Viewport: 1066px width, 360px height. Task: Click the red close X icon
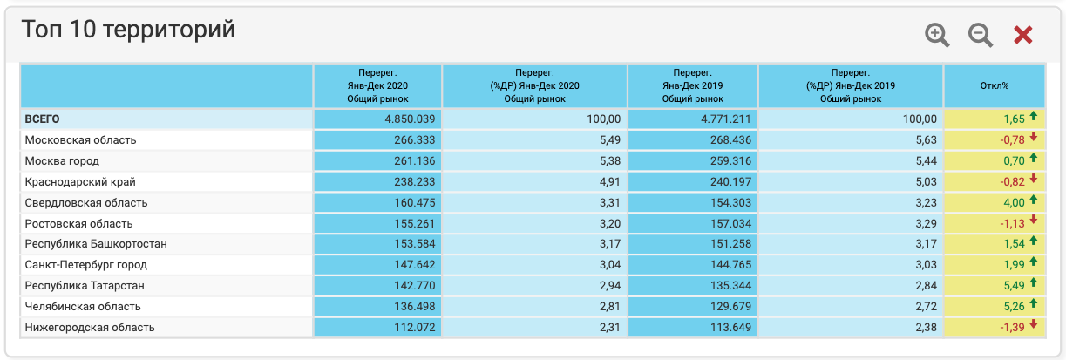tap(1022, 35)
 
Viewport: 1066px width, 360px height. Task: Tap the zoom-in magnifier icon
tap(937, 35)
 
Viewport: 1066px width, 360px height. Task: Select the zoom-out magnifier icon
tap(981, 35)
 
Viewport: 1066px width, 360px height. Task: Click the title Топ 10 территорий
tap(128, 30)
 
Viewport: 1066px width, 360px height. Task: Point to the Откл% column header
tap(994, 85)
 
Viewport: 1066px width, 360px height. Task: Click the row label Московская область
tap(81, 139)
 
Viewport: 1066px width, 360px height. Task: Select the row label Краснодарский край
tap(80, 181)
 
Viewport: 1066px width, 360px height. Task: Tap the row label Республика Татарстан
tap(85, 285)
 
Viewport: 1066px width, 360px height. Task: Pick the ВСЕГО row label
tap(42, 119)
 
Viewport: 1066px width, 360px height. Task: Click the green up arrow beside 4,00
tap(1034, 201)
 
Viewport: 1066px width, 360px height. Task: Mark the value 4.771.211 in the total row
tap(723, 119)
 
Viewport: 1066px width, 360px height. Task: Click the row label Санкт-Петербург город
tap(86, 264)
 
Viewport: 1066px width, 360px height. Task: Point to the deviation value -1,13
tap(1014, 223)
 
